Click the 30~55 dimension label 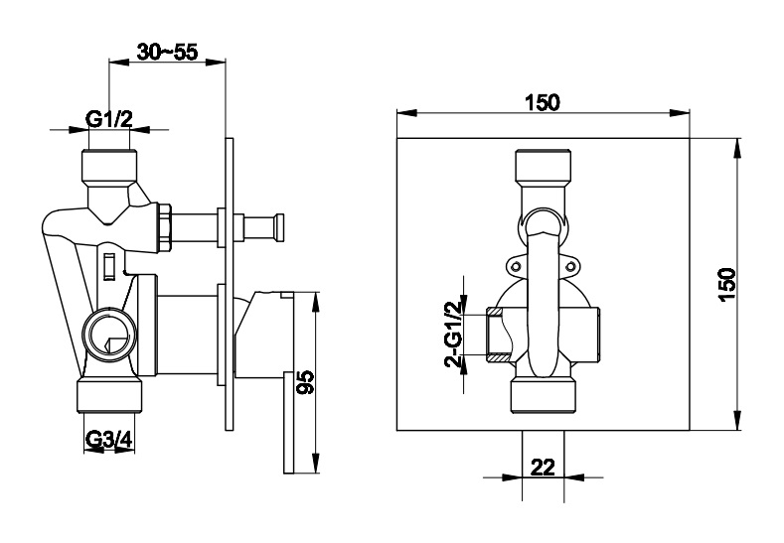(x=168, y=52)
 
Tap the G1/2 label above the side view (x=109, y=120)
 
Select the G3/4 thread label (x=108, y=440)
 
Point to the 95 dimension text (x=305, y=382)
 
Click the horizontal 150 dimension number (x=543, y=102)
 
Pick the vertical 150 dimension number (x=727, y=284)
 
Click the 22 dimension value (x=543, y=468)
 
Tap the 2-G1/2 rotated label (x=454, y=335)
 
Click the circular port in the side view (x=109, y=334)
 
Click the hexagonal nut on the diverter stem (x=165, y=226)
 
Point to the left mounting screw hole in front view (x=516, y=267)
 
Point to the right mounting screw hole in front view (x=569, y=267)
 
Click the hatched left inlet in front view (x=499, y=335)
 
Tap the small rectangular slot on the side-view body (x=109, y=267)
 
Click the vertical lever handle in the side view (x=288, y=422)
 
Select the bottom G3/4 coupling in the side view (x=109, y=397)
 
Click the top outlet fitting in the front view (x=543, y=167)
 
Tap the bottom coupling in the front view (x=544, y=397)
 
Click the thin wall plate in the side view (x=229, y=284)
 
